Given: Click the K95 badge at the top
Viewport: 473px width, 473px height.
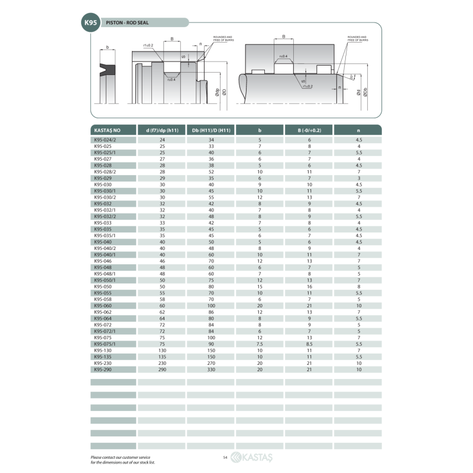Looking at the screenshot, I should tap(90, 22).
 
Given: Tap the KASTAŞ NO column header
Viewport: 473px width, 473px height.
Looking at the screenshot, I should tap(107, 129).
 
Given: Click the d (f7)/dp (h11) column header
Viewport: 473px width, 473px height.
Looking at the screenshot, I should tap(162, 129).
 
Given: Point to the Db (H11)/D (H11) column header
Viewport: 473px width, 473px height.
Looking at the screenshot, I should tap(211, 129).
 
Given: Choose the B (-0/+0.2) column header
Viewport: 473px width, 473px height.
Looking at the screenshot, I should tap(309, 129).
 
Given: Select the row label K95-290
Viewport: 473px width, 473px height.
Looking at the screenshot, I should tap(103, 369).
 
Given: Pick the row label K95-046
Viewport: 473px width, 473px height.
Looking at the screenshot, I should tap(103, 261).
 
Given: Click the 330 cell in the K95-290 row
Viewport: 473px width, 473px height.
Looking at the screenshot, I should tap(211, 369).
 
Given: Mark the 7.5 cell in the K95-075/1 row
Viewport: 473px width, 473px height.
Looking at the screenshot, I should tap(260, 344).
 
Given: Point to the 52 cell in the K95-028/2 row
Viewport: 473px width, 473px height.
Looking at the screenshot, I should tap(211, 171).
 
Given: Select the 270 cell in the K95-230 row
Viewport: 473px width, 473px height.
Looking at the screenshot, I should tap(211, 363).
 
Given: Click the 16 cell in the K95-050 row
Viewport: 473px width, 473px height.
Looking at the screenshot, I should tap(309, 286).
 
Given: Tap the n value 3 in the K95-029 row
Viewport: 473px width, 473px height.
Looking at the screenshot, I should tap(358, 178).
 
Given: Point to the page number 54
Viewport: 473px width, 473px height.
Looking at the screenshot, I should tap(225, 457).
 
